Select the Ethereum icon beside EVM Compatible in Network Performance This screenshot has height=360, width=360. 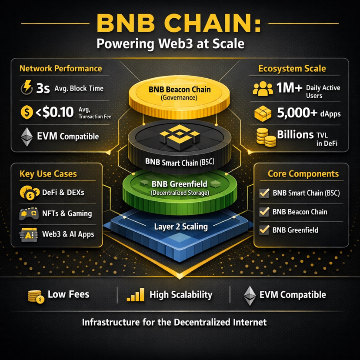pyautogui.click(x=27, y=137)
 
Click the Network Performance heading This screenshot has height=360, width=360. pyautogui.click(x=60, y=68)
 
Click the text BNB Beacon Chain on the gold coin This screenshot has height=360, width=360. pyautogui.click(x=180, y=90)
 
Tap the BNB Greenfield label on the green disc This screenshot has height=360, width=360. pyautogui.click(x=180, y=184)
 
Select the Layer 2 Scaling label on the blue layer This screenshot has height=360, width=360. pyautogui.click(x=180, y=227)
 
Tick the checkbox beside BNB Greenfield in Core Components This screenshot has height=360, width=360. pyautogui.click(x=263, y=230)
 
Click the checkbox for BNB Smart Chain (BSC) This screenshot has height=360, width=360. pyautogui.click(x=263, y=193)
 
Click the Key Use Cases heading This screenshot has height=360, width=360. pyautogui.click(x=48, y=174)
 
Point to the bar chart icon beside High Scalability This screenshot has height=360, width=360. pyautogui.click(x=135, y=295)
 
